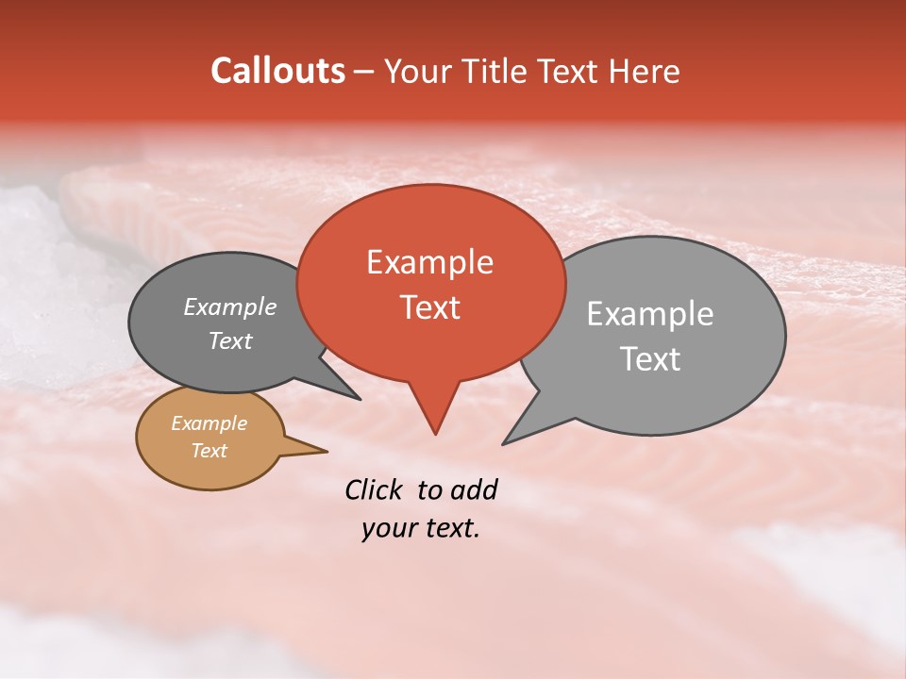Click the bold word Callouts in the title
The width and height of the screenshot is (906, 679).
(x=277, y=71)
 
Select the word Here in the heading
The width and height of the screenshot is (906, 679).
(x=644, y=71)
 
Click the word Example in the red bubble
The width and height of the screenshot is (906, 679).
(x=429, y=262)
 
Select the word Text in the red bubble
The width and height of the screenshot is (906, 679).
(x=430, y=307)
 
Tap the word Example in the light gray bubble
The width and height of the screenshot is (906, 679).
(x=649, y=314)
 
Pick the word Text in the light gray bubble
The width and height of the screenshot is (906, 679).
(x=649, y=359)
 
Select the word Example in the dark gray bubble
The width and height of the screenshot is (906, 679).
(x=229, y=307)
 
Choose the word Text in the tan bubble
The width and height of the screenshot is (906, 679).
(x=209, y=451)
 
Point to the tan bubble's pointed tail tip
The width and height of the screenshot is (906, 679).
(x=327, y=451)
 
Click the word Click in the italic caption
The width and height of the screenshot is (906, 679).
(x=376, y=489)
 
